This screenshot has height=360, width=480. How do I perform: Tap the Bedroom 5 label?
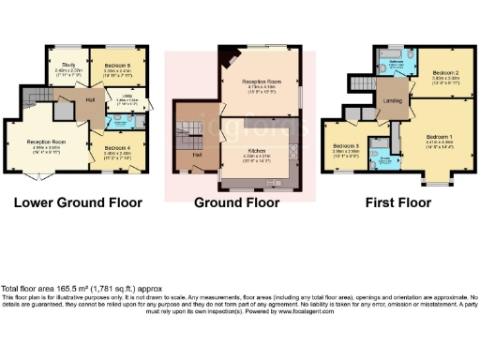(x=116, y=65)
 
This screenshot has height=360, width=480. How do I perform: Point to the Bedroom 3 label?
(x=345, y=146)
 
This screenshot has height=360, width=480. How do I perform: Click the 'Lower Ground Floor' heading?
(x=80, y=202)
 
